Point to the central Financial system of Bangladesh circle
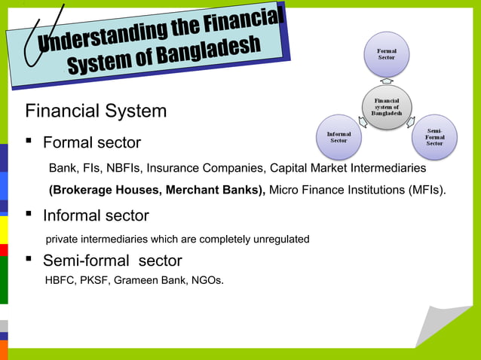386,108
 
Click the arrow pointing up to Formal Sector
386,80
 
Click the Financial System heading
96,111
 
